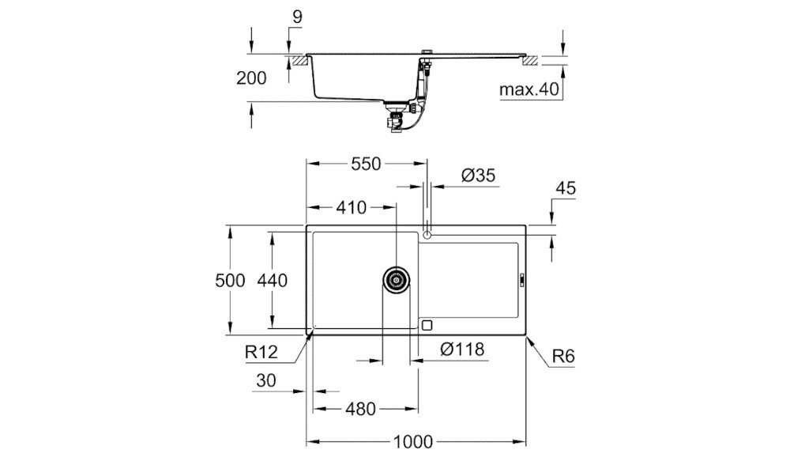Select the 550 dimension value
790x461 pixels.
tap(366, 164)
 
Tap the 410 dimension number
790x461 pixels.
tap(351, 208)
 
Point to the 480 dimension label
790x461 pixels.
tap(361, 409)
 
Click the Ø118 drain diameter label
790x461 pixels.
tap(461, 349)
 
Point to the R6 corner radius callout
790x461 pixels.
tap(562, 357)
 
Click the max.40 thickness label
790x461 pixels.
tap(529, 89)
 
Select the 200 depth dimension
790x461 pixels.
tap(250, 78)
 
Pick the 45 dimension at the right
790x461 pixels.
tap(566, 188)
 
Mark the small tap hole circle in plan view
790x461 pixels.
tap(427, 234)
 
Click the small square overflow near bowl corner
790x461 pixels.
tap(428, 324)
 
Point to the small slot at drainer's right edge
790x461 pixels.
tap(521, 278)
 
